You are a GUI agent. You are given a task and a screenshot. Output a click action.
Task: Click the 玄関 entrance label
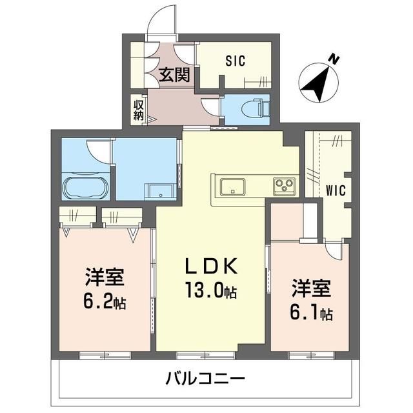(x=174, y=75)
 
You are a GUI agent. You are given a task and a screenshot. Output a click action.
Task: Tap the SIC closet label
(x=235, y=61)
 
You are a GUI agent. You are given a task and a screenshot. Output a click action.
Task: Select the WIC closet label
(x=334, y=191)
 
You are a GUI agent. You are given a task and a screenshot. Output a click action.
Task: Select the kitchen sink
(x=232, y=186)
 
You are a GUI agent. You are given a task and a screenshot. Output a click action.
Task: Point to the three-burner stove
(x=284, y=186)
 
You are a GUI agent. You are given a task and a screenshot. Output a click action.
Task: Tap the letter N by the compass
(x=334, y=59)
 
